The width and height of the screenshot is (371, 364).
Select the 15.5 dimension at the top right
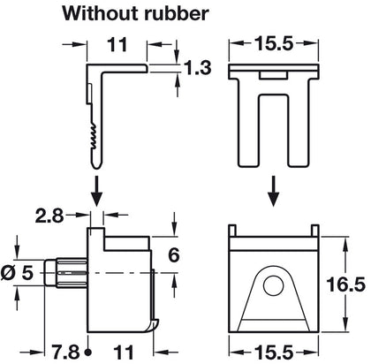[x=271, y=42]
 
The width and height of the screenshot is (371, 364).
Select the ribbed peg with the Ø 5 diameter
[x=72, y=272]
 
